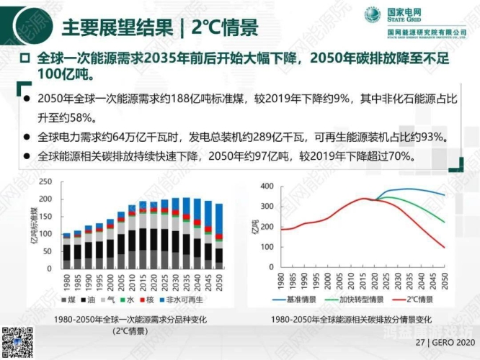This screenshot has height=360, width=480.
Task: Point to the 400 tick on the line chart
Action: click(266, 186)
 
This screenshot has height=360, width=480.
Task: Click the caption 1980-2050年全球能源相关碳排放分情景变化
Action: click(352, 319)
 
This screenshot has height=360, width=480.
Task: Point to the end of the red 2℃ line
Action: click(443, 248)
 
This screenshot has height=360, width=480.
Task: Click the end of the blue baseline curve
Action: click(443, 194)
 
